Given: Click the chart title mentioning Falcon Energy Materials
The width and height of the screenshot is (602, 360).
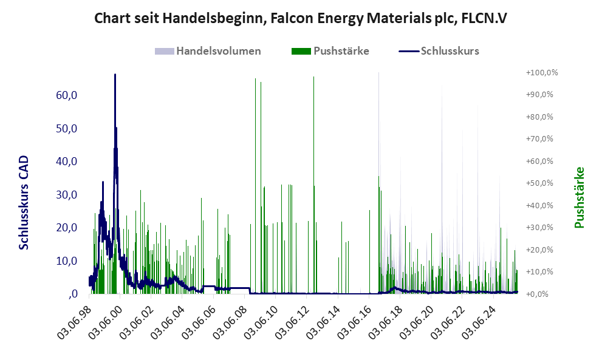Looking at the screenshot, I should tap(301, 18).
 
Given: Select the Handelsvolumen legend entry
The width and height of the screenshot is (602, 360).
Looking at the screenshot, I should tap(218, 51).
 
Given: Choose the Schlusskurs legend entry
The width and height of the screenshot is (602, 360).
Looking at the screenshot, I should tap(450, 51).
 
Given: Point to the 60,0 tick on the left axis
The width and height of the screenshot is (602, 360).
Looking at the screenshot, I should tap(66, 95).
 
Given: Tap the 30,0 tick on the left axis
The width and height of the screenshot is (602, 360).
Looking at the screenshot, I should tap(66, 195).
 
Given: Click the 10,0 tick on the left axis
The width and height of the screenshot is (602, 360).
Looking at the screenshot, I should tap(66, 261).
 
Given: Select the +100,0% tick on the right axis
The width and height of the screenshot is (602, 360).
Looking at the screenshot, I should tap(541, 72).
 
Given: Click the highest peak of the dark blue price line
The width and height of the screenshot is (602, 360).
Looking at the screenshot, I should tap(115, 75).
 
